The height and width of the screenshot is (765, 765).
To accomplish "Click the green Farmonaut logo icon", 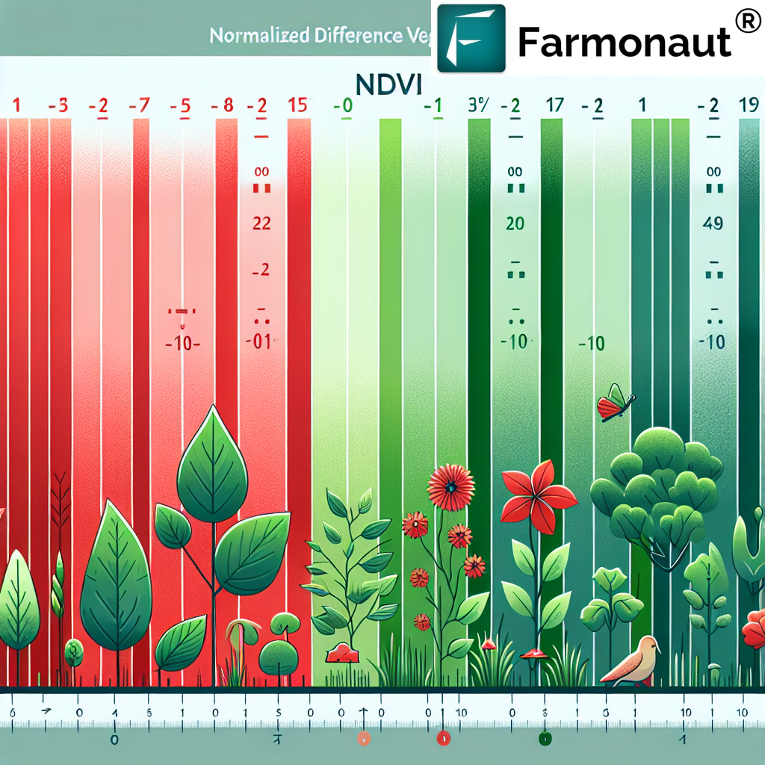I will click(471, 38).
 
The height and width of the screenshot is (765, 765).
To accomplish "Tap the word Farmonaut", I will click(624, 43).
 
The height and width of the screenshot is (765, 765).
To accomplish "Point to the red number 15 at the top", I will click(297, 106).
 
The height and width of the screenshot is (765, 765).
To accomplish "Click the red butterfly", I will click(614, 404).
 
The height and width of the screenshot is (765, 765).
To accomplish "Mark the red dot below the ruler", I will click(443, 739).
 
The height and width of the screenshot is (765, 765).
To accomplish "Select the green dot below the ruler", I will click(545, 739).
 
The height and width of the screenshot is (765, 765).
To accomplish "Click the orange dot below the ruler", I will click(364, 739).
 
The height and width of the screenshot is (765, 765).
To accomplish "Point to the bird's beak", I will click(659, 647).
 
